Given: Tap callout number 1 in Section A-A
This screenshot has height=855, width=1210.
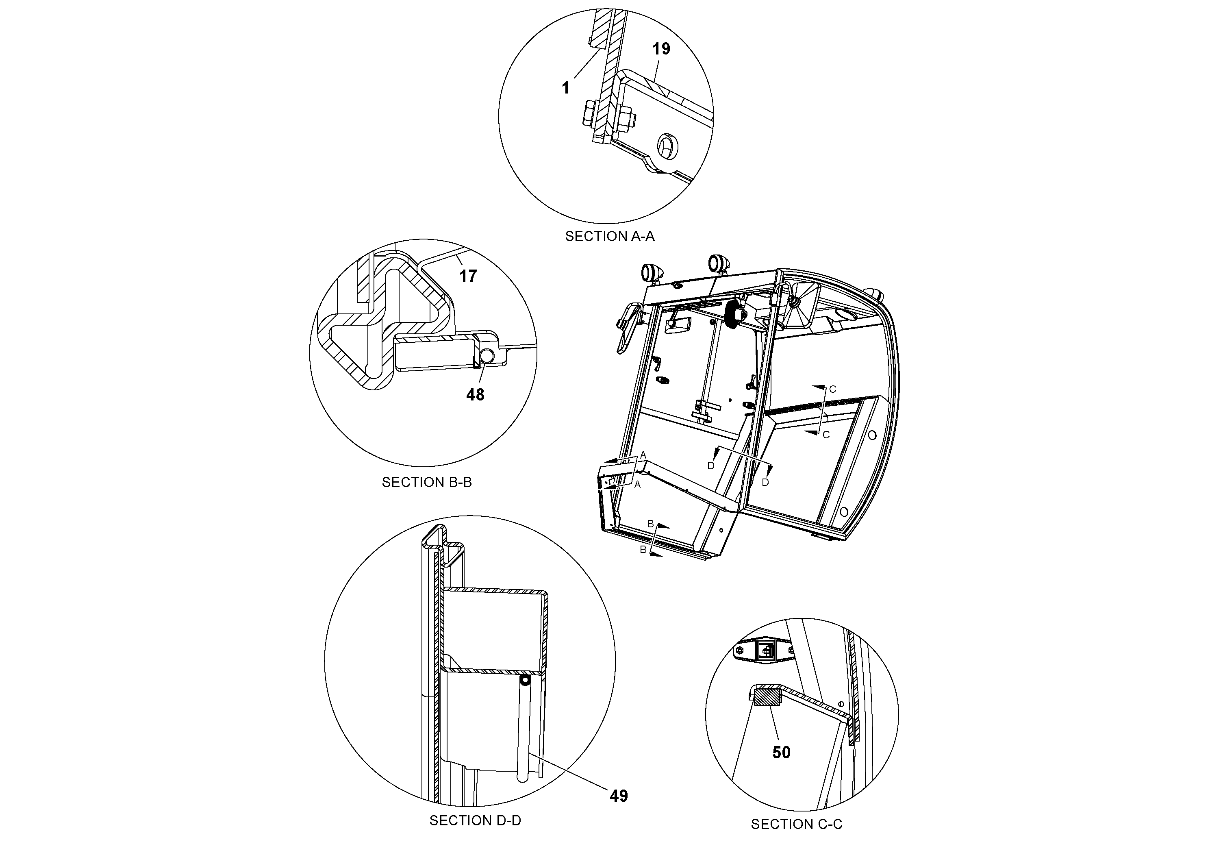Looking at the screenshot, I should click(565, 88).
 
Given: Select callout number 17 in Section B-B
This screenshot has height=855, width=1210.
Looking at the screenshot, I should click(467, 276).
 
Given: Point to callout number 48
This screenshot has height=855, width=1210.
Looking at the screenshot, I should click(475, 394).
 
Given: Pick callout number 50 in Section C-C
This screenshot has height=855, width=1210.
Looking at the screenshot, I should click(781, 752).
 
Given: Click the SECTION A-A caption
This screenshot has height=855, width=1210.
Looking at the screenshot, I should click(610, 236).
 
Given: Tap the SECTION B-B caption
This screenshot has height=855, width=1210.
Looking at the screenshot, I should click(426, 482).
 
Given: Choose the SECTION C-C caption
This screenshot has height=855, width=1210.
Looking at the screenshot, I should click(796, 824).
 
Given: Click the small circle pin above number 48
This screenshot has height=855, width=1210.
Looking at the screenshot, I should click(487, 356).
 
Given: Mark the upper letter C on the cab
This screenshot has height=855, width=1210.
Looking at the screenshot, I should click(833, 389).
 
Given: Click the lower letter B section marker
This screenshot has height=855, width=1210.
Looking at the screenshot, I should click(643, 550).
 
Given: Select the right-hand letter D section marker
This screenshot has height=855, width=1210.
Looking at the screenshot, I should click(765, 482).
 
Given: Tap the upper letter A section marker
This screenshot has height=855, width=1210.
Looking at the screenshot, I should click(643, 455).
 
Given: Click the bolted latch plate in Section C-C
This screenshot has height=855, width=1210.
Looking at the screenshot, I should click(764, 652).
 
